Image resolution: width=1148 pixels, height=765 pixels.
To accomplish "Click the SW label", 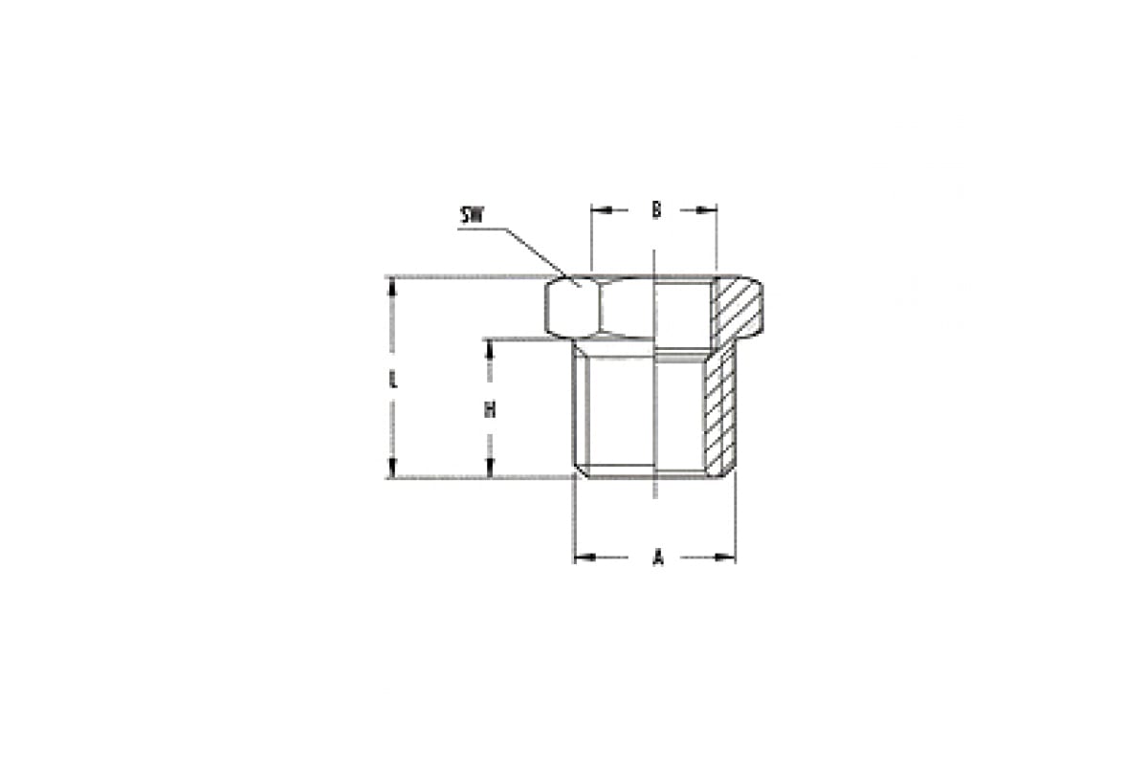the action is (472, 216).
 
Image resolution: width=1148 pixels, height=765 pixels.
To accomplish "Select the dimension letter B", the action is (656, 209).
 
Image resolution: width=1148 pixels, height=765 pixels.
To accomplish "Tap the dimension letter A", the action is (658, 557).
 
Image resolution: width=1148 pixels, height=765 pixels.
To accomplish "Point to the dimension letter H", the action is (490, 409).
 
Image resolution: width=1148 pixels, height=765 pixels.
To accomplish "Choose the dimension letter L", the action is (393, 381).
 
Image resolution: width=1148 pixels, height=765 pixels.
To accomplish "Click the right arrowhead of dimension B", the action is (707, 209).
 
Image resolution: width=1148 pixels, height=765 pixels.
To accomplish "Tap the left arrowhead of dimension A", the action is (585, 557).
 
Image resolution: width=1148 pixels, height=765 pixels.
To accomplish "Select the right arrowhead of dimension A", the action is (725, 557).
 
